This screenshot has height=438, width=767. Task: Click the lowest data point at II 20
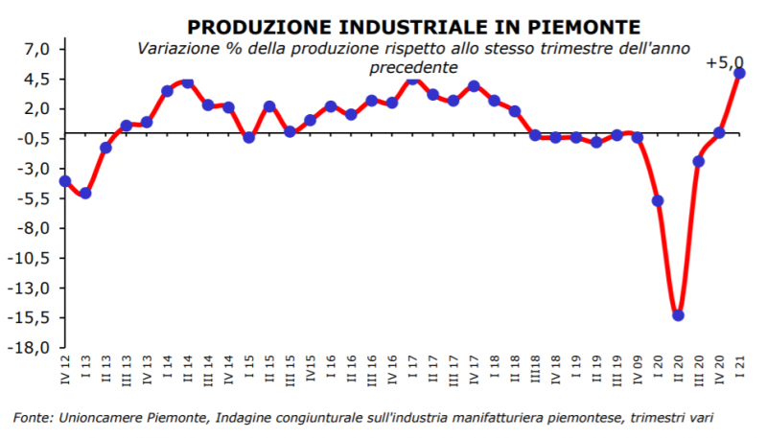click(x=678, y=315)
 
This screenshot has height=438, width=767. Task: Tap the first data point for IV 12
click(x=65, y=181)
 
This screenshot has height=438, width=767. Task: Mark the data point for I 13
click(x=85, y=193)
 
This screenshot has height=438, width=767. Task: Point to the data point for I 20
click(x=658, y=200)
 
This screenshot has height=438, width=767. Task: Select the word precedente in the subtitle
click(x=412, y=67)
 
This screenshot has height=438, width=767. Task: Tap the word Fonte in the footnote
click(x=34, y=417)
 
